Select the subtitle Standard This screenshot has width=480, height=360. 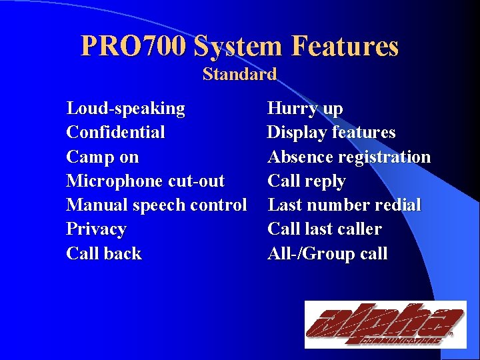coord(239,74)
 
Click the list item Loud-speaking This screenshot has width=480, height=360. coord(125,108)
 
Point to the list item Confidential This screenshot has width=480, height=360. coord(115,132)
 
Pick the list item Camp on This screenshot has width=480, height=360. coord(103,157)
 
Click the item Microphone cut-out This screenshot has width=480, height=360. coord(145,181)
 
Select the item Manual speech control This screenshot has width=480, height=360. coord(157,205)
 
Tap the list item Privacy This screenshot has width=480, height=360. coord(96,229)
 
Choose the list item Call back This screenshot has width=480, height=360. coord(104,253)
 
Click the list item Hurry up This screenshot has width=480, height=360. coord(305,108)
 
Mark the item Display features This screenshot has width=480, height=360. coord(331,132)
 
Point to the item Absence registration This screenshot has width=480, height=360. coord(349,157)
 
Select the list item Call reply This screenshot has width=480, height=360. coord(307,181)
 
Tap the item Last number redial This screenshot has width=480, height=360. coord(344,205)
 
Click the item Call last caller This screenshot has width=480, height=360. coord(325,229)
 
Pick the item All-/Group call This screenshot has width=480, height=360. coord(327,253)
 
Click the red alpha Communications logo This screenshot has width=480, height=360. coord(385,324)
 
